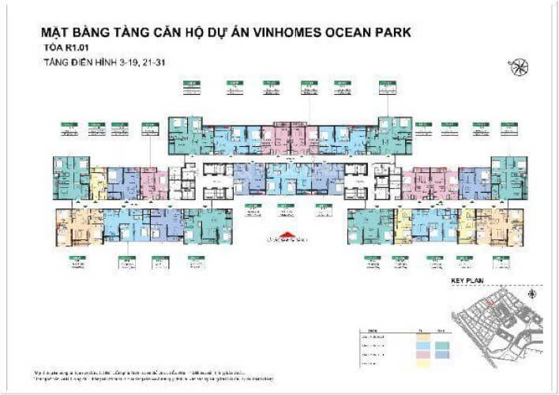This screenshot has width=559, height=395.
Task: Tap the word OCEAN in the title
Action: point(338,34)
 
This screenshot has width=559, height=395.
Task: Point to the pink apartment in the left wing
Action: point(154,184)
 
